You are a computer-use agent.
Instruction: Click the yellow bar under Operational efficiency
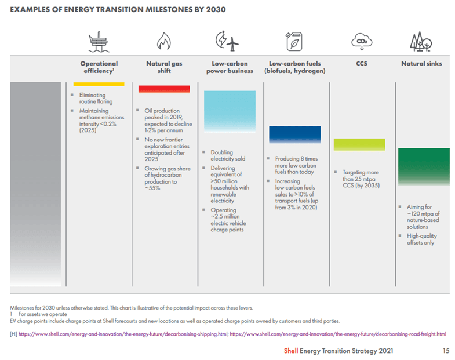tap(99, 85)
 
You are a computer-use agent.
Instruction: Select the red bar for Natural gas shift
tap(164, 89)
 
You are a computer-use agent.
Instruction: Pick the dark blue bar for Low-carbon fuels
tap(294, 134)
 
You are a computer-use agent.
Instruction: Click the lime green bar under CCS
tap(359, 145)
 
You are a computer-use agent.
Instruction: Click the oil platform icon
tap(98, 42)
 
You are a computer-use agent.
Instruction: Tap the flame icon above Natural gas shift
tap(164, 42)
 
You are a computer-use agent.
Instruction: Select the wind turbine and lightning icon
tap(228, 42)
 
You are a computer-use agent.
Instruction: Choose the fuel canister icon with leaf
tap(294, 42)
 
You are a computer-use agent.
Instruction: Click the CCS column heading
tap(361, 64)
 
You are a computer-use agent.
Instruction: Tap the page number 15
tap(445, 351)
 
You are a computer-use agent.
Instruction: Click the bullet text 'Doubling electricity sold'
tap(228, 155)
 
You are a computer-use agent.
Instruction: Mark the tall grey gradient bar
tap(35, 184)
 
